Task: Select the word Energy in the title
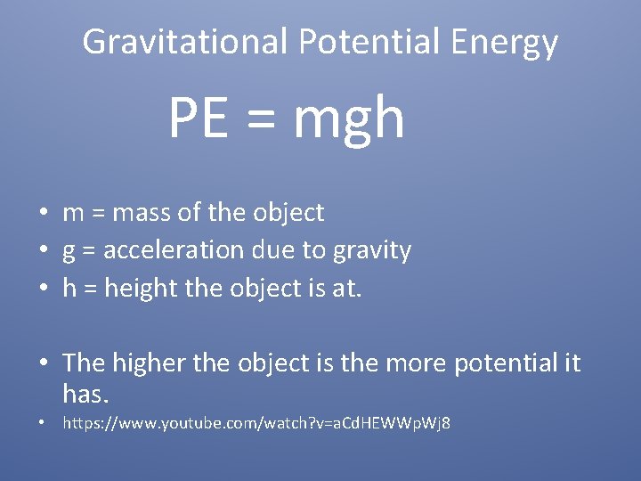click(504, 42)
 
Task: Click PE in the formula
click(198, 119)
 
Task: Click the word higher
click(143, 363)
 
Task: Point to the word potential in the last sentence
click(505, 363)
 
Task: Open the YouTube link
click(256, 423)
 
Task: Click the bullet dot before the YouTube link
click(43, 423)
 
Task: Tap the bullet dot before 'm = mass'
click(43, 214)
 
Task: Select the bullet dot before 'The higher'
click(43, 363)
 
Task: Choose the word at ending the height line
click(347, 289)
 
